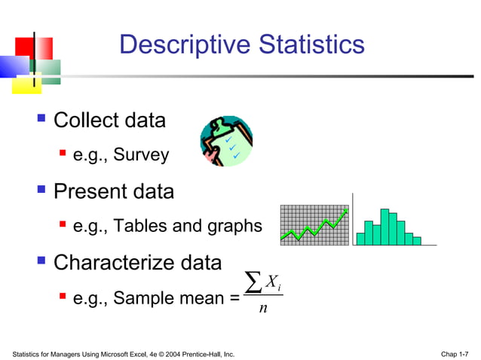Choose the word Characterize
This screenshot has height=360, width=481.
[114, 263]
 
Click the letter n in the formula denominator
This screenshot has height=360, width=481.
[262, 308]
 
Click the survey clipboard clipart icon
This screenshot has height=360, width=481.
[225, 141]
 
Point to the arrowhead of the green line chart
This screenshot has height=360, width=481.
[345, 214]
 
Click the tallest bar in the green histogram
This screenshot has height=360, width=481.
[384, 227]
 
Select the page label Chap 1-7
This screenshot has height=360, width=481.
[454, 353]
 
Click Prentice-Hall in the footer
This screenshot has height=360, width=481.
[211, 353]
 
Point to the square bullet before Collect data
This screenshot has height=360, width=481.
[42, 119]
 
